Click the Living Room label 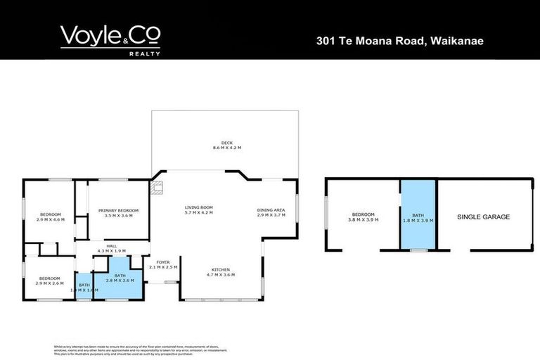(x=199, y=207)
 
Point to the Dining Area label (x=271, y=210)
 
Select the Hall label (x=112, y=246)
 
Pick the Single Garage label (x=484, y=217)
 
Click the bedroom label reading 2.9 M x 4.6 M (x=51, y=214)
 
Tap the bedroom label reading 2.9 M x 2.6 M (x=50, y=278)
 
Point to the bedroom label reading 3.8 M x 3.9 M (x=364, y=214)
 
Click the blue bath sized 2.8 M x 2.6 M (x=120, y=278)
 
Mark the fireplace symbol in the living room (x=158, y=187)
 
